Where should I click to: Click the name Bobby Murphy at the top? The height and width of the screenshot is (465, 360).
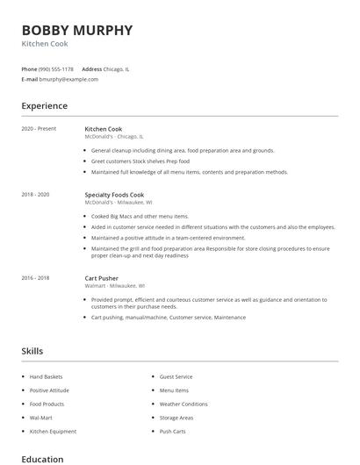coord(77,30)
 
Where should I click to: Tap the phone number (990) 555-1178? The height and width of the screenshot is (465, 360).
coord(56,68)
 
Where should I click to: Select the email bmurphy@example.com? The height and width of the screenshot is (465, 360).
coord(68,79)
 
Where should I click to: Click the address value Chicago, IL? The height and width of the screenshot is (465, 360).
coord(117,68)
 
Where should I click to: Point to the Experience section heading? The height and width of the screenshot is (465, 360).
coord(44,106)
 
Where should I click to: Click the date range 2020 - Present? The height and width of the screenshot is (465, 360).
coord(39,129)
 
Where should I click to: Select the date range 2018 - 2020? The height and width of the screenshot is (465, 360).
coord(35,194)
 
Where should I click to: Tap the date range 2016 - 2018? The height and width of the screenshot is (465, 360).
coord(35,278)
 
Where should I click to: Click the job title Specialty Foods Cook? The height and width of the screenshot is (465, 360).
coord(114,194)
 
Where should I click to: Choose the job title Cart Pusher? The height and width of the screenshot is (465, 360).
coord(101,278)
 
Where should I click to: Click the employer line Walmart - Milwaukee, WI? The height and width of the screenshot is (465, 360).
coord(115,286)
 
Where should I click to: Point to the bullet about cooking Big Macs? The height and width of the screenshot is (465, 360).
coord(140,216)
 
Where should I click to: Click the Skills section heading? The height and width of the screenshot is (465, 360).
coord(32,352)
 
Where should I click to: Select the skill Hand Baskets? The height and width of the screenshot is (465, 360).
coord(46,376)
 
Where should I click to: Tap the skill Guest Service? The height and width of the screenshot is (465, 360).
coord(176,376)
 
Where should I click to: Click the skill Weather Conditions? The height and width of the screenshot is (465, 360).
coord(184,404)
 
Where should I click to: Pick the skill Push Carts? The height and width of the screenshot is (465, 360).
coord(172,432)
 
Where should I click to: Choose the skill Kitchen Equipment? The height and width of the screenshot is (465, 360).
coord(53,432)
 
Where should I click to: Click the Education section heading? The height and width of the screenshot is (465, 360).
coord(42,459)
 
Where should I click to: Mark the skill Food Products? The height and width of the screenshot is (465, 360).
coord(46,404)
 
